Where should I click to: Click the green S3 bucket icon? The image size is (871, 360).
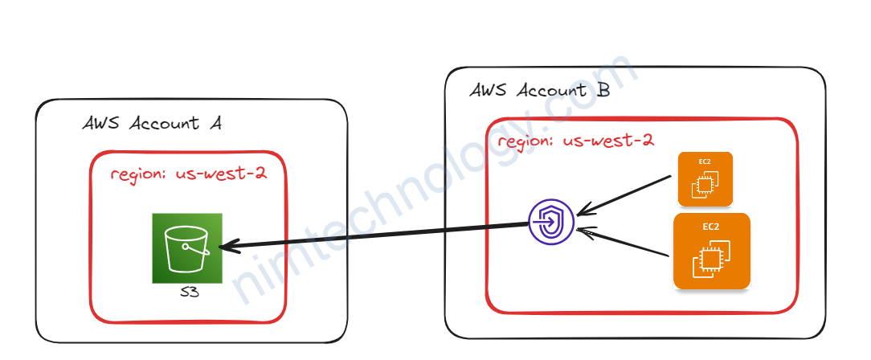click(186, 247)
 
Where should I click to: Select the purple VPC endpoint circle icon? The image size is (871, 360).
click(551, 221)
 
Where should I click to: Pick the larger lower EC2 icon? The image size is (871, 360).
click(712, 251)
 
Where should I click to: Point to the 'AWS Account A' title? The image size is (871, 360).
click(152, 123)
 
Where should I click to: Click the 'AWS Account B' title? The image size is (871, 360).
click(539, 90)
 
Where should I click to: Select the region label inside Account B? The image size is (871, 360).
click(575, 141)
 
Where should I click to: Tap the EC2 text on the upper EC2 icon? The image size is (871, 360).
click(705, 162)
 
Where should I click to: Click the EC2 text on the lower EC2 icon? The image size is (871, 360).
click(711, 227)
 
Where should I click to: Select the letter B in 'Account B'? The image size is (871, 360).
click(603, 90)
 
